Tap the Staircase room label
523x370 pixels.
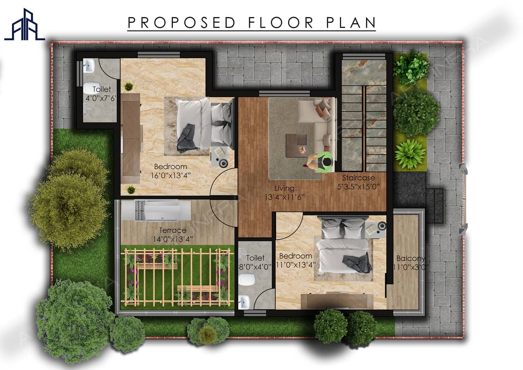tap(358, 178)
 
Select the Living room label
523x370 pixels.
tap(284, 188)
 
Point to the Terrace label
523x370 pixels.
tap(173, 230)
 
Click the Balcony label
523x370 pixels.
tap(410, 258)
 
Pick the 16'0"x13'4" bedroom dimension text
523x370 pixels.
tap(170, 175)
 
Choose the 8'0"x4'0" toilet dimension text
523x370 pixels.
tap(255, 266)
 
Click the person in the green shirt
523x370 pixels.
tap(321, 162)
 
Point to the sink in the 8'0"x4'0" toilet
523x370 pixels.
tap(244, 302)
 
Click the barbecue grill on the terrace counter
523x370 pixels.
tap(140, 210)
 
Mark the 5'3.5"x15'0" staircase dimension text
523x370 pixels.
tap(358, 187)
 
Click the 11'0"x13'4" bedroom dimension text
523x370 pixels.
tap(296, 265)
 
